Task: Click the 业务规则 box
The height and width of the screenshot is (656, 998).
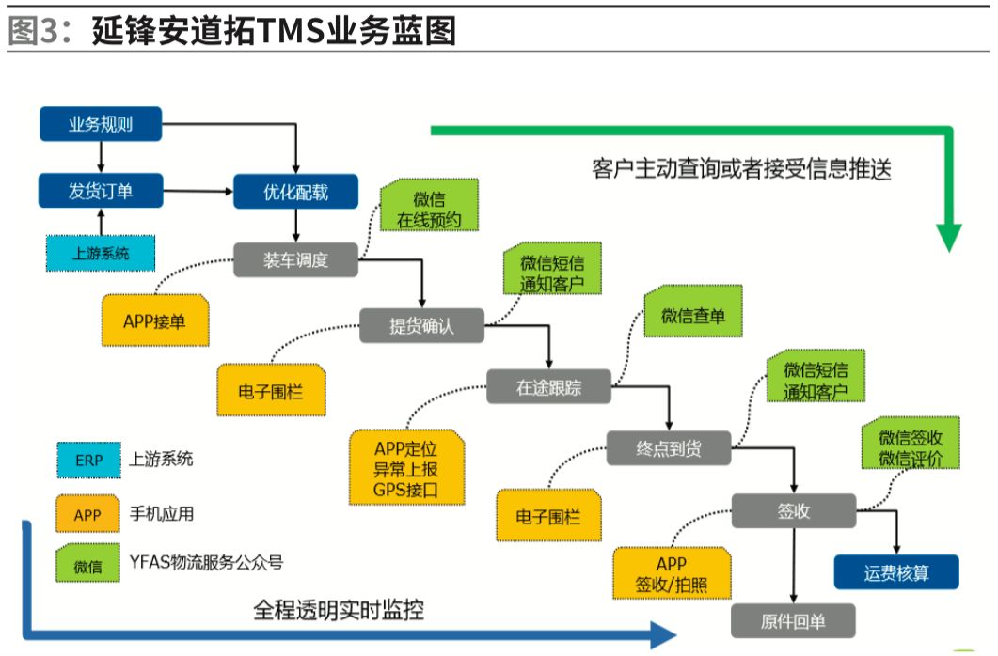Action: tap(101, 124)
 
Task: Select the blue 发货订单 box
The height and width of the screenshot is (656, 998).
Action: tap(101, 191)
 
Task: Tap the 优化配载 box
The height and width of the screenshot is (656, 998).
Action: tap(295, 192)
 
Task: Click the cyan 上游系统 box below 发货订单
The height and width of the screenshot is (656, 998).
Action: tap(101, 252)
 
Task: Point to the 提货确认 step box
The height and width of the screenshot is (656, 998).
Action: tap(422, 326)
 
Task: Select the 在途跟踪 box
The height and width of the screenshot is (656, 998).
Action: tap(548, 387)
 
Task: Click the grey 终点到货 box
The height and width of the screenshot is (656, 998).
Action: tap(668, 448)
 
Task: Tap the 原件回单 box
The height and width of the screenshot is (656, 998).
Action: tap(794, 621)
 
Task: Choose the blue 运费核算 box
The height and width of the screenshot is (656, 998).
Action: tap(896, 571)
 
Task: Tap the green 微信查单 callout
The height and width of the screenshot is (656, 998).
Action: tap(693, 316)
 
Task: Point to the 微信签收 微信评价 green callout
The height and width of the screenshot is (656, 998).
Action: tap(911, 448)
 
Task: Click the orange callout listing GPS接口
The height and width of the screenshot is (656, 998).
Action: tap(405, 467)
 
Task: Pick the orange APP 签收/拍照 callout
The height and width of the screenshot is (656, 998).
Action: tap(671, 573)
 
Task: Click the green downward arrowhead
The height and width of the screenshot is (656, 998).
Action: tap(949, 236)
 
